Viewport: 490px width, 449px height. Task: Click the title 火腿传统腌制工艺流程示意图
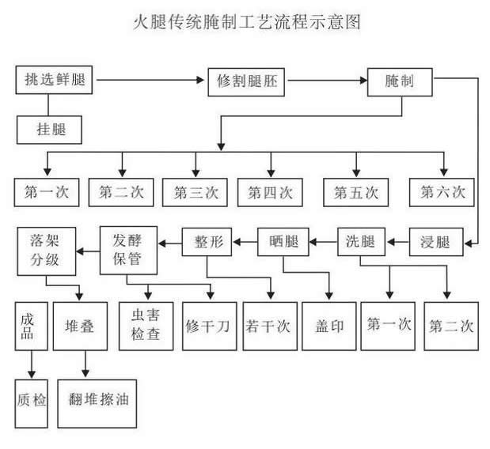245,22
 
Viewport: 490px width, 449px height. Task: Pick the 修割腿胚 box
246,81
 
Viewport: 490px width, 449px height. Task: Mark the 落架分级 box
45,250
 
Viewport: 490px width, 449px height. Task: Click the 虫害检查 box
146,325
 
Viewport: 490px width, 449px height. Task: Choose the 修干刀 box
208,325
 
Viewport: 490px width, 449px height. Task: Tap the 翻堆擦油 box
93,401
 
